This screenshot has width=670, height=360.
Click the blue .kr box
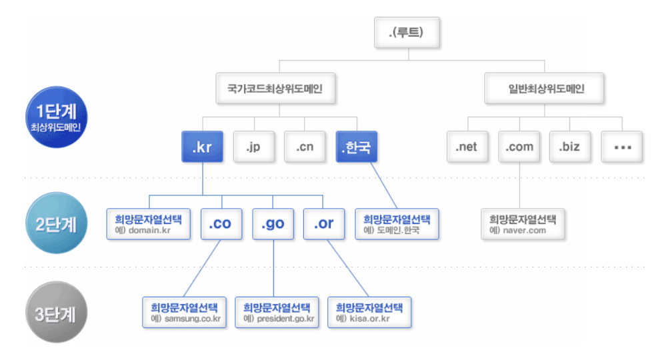click(202, 147)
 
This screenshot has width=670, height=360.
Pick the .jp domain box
click(253, 147)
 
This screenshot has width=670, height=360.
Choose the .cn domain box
click(304, 147)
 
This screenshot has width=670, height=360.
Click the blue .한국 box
click(355, 147)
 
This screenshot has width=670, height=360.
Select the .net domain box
click(467, 147)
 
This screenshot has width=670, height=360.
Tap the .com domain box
click(519, 147)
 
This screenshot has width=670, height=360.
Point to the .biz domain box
click(571, 147)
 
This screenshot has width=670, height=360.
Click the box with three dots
click(623, 147)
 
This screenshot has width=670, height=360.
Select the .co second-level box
click(220, 224)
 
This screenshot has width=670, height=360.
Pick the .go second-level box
click(272, 224)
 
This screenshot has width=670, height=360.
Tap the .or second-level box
click(323, 224)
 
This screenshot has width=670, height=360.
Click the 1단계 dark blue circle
click(55, 117)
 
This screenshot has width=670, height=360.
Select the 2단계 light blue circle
click(55, 224)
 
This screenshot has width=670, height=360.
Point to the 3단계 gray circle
click(55, 313)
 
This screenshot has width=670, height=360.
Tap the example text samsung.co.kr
click(189, 319)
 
